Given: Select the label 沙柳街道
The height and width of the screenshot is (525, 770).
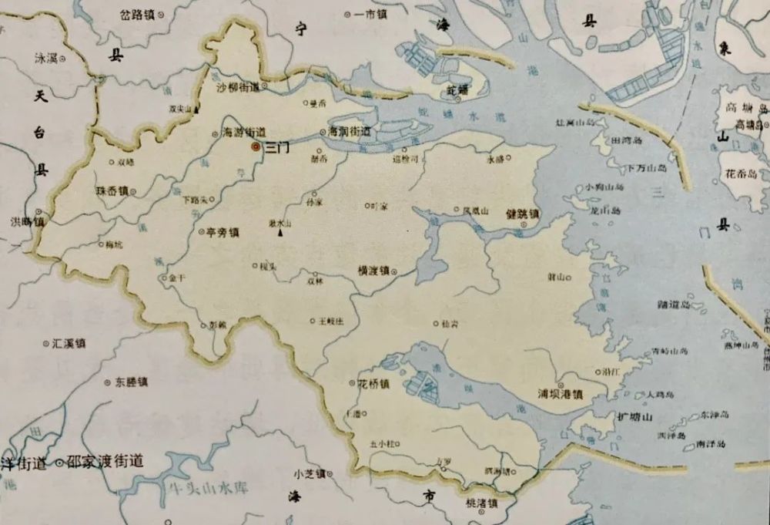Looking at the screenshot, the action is tap(238, 87).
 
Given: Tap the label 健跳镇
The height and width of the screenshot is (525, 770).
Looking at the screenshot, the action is tap(523, 214).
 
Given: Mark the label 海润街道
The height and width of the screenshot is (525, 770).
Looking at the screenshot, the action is tap(350, 132).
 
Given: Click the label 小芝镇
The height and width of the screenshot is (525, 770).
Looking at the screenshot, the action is tap(310, 473).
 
